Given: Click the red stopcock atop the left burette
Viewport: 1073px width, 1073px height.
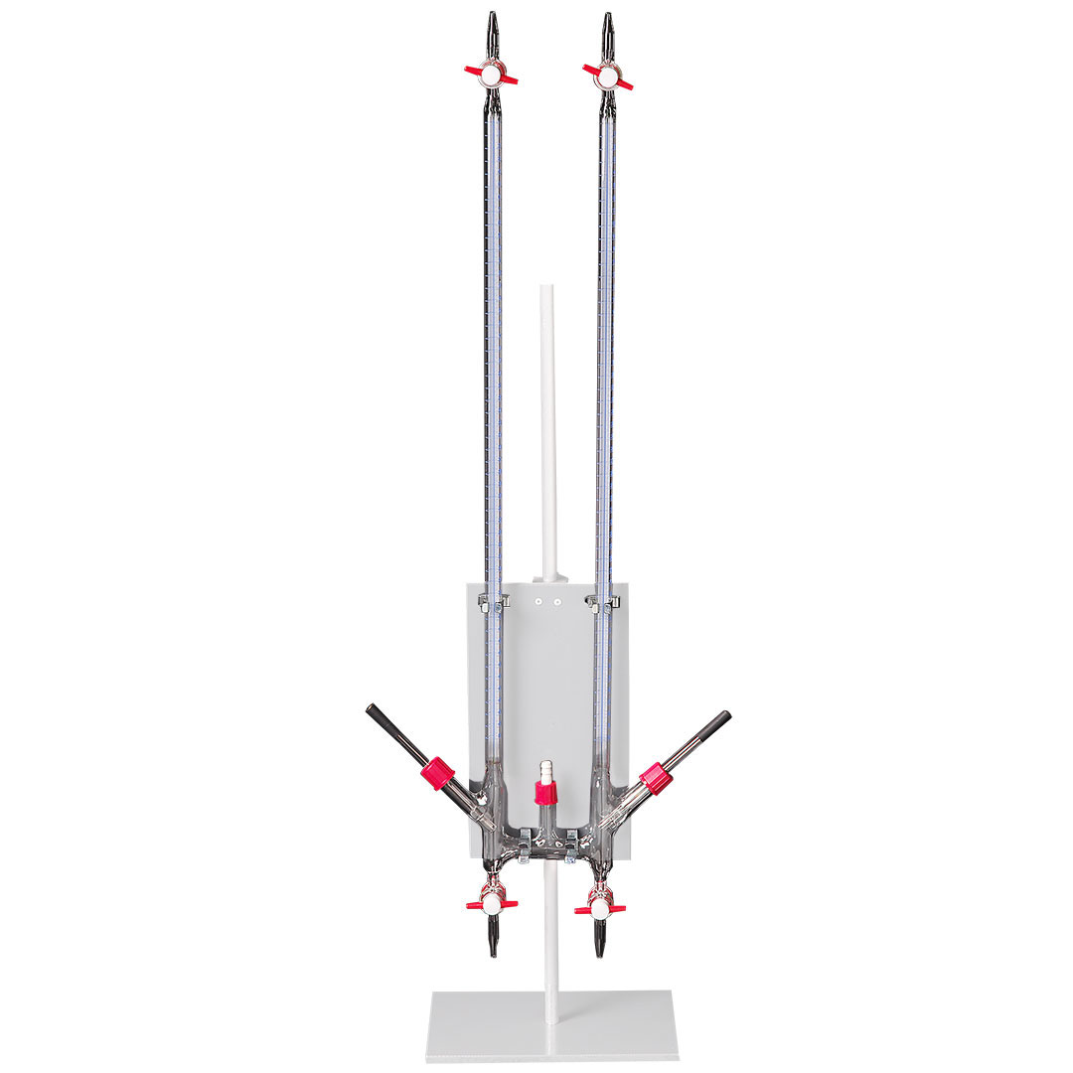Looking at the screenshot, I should (x=491, y=73).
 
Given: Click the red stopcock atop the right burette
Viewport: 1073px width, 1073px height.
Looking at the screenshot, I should (x=608, y=73).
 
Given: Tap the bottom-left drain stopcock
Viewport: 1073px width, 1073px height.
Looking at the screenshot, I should (x=492, y=905).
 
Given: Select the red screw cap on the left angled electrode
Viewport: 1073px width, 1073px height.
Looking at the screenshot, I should (x=436, y=773).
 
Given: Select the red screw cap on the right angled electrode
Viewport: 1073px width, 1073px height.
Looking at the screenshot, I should (x=656, y=776).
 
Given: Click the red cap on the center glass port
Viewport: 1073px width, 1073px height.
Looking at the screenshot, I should (x=543, y=793).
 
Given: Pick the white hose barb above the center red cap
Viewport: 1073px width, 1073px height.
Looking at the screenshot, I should (x=543, y=770).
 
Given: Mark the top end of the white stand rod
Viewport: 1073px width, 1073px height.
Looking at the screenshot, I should (x=545, y=290).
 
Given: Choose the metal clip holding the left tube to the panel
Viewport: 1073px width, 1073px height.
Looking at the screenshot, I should (x=493, y=601).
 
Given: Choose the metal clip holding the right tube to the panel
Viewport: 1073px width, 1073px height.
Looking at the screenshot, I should (x=604, y=601).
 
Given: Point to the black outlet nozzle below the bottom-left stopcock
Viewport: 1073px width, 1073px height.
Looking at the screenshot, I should (x=493, y=938).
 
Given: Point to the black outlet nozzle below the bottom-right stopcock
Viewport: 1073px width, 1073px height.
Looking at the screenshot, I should (x=599, y=939).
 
